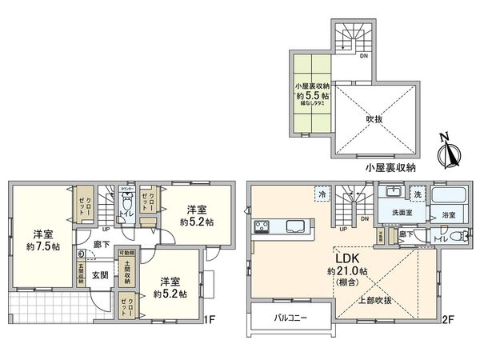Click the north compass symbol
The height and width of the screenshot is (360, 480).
tap(449, 150)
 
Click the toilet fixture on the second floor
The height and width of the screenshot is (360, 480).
tap(457, 236)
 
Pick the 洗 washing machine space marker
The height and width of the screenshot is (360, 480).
tap(417, 194)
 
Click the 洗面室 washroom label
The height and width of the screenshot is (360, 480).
tap(401, 214)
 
